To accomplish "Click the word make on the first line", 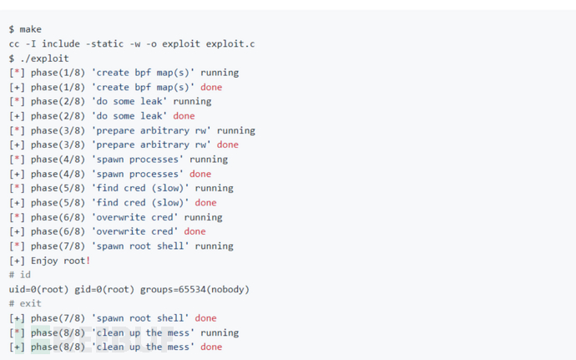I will pos(30,29).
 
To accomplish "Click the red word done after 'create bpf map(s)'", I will pos(211,87).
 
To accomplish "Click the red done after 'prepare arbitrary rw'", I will pos(227,145).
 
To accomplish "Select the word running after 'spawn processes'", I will pos(209,159).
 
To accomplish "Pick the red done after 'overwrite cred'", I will pos(195,231).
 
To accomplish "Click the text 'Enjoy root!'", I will pos(61,261).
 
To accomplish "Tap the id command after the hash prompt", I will pos(25,275).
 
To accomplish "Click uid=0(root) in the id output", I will pos(38,289).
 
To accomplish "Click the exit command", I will pos(30,303).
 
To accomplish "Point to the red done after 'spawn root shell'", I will pos(205,318).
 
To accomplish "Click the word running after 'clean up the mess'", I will pos(220,332).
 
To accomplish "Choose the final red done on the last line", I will pos(211,347).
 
